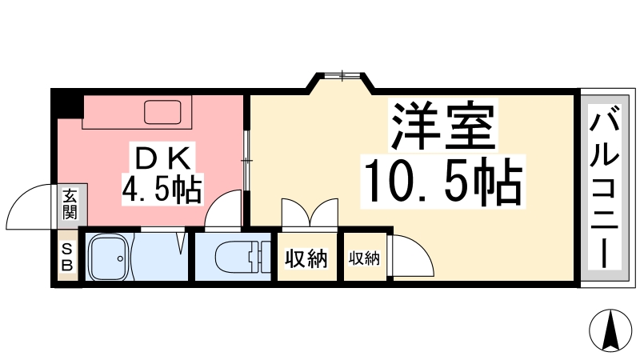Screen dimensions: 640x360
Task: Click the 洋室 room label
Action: coord(443,126)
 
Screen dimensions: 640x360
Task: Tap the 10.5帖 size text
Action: coord(443,181)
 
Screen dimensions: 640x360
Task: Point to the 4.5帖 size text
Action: coord(162,190)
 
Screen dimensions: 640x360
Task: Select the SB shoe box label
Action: coord(67,257)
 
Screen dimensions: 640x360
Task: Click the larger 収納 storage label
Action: coord(306,258)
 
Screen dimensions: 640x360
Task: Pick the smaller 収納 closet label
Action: coord(364,258)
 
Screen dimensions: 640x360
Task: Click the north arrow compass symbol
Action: coord(610,330)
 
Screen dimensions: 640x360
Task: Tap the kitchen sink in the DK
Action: coord(162,112)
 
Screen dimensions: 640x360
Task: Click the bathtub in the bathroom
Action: coord(109,257)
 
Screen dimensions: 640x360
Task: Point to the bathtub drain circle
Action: coord(120,258)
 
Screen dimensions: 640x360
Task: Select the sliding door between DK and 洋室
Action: coord(246,160)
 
